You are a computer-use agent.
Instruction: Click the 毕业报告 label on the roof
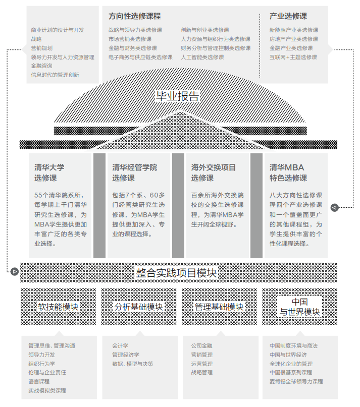[x=177, y=96]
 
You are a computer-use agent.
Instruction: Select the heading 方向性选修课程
[x=135, y=16]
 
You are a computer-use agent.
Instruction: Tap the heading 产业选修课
[x=288, y=16]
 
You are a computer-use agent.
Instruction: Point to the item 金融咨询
[x=41, y=66]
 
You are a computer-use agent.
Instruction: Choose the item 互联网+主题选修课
[x=293, y=57]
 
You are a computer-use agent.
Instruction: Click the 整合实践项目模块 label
[x=176, y=273]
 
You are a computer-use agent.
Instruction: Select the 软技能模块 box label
[x=59, y=307]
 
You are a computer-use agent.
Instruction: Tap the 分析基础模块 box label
[x=139, y=307]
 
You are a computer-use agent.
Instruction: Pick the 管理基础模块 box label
[x=219, y=307]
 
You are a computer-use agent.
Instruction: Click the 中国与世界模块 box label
[x=300, y=307]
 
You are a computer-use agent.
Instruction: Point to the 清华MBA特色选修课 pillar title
[x=288, y=172]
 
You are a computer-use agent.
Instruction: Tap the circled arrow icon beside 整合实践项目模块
[x=15, y=272]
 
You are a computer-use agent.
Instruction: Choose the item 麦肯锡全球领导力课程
[x=296, y=382]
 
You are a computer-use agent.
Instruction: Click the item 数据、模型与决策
[x=132, y=364]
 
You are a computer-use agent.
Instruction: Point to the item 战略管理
[x=202, y=373]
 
